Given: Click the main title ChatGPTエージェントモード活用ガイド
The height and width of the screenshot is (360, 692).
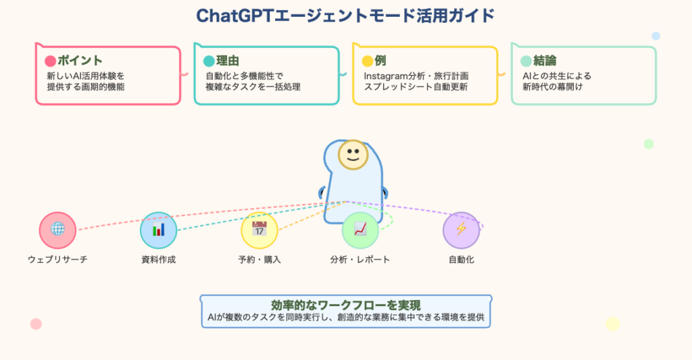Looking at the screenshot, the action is pyautogui.click(x=345, y=16).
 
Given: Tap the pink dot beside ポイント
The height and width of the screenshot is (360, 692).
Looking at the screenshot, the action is pyautogui.click(x=50, y=61).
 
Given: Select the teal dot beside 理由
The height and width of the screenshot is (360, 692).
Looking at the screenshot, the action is pyautogui.click(x=209, y=61).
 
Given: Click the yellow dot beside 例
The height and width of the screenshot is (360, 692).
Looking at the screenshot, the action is pyautogui.click(x=367, y=61).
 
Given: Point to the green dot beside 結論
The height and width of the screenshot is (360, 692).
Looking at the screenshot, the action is pyautogui.click(x=526, y=61).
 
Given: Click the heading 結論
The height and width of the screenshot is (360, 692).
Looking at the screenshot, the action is pyautogui.click(x=545, y=60).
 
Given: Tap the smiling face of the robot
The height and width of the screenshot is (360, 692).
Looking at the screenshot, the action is pyautogui.click(x=353, y=155).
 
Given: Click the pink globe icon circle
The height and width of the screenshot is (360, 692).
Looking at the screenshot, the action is pyautogui.click(x=58, y=230).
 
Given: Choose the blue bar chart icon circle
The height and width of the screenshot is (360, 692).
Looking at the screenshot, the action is pyautogui.click(x=158, y=230).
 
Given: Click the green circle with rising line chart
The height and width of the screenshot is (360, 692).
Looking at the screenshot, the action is pyautogui.click(x=360, y=230).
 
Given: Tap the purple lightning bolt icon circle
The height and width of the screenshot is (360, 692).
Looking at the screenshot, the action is pyautogui.click(x=461, y=230).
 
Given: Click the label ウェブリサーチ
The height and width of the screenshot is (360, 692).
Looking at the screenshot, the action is pyautogui.click(x=58, y=259).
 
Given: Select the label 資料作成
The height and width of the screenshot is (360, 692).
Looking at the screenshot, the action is pyautogui.click(x=158, y=259).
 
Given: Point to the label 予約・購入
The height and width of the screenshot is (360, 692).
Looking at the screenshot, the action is pyautogui.click(x=259, y=259).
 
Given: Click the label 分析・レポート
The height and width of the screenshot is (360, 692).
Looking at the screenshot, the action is pyautogui.click(x=360, y=259).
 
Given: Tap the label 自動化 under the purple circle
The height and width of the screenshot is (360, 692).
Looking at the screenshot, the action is pyautogui.click(x=461, y=259).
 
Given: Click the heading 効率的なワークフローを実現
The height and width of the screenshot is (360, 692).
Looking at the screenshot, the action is pyautogui.click(x=346, y=305).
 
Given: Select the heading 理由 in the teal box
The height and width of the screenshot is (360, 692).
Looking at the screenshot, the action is pyautogui.click(x=228, y=60).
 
